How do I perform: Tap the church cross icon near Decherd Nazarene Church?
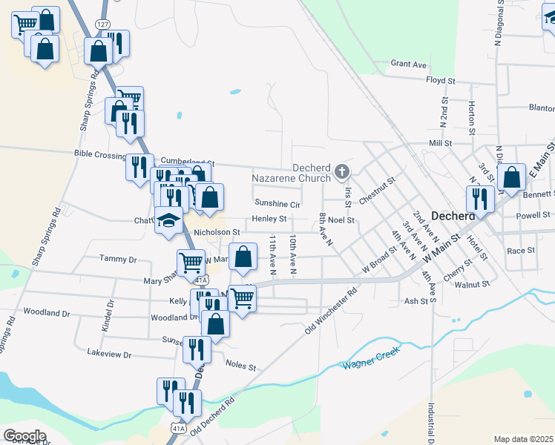(x=341, y=172)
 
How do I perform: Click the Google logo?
(x=25, y=435)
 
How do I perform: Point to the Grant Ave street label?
(x=409, y=65)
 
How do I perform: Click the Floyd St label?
(x=440, y=80)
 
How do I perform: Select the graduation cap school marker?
(x=168, y=220)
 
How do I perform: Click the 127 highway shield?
(x=102, y=24)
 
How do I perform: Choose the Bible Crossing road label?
(x=100, y=154)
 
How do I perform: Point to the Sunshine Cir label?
(x=277, y=203)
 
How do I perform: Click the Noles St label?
(x=240, y=366)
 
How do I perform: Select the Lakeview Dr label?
(x=108, y=353)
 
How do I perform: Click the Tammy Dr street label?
(x=118, y=260)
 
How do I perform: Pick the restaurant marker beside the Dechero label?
(x=480, y=199)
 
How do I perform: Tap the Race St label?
(x=521, y=251)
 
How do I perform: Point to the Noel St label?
(x=342, y=220)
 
